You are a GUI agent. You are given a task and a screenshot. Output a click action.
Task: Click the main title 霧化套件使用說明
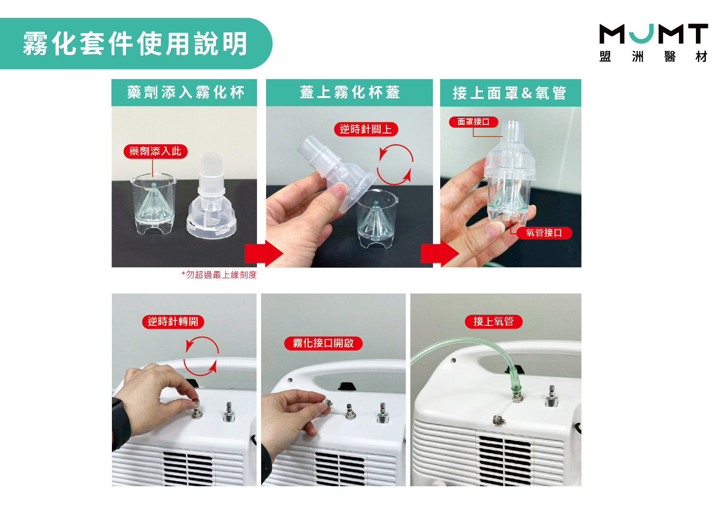click(135, 44)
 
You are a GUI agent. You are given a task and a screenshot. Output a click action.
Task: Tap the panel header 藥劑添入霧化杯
click(185, 92)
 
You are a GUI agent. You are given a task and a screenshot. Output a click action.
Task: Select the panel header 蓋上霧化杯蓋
click(349, 92)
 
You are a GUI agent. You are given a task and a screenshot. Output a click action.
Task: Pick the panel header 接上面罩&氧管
click(509, 93)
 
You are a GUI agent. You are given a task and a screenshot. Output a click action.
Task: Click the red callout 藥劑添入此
click(155, 151)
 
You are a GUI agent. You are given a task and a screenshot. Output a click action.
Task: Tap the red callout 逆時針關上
click(366, 129)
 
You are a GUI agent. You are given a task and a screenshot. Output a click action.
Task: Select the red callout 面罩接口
click(473, 122)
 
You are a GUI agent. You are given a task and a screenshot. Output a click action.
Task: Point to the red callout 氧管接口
click(544, 233)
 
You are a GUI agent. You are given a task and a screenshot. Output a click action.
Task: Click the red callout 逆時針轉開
click(173, 322)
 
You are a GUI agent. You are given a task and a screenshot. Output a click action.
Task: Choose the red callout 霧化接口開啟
click(323, 343)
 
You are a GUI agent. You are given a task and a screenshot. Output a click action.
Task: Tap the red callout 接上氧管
click(493, 322)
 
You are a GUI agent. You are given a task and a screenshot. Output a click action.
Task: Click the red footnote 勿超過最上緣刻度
click(219, 275)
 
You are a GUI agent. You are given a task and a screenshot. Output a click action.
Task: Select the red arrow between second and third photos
click(440, 253)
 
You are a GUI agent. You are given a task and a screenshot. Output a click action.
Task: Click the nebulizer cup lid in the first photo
click(212, 197)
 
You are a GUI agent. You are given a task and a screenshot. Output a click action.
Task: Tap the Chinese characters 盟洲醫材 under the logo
click(654, 56)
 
